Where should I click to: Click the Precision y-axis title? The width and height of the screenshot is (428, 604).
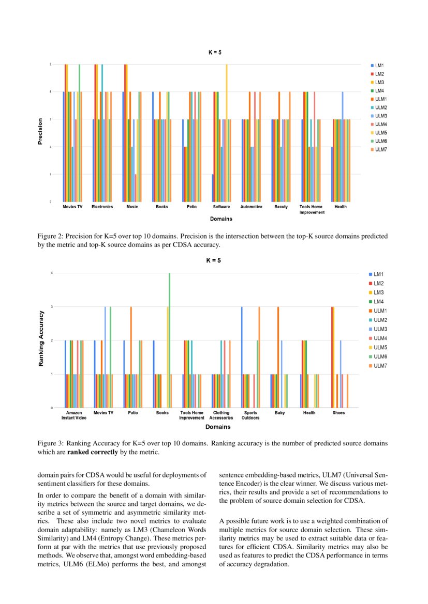click(x=40, y=132)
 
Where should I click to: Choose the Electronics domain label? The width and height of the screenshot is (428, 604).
click(x=102, y=207)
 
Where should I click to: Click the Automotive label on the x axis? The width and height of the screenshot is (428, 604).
click(x=252, y=207)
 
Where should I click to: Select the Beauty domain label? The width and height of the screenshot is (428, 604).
click(x=281, y=207)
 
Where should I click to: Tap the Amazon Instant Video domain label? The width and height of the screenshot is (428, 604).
click(x=74, y=415)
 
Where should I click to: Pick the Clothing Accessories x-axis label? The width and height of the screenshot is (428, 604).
click(x=221, y=415)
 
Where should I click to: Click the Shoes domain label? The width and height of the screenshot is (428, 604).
click(x=338, y=413)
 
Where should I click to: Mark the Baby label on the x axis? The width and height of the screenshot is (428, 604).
click(x=279, y=413)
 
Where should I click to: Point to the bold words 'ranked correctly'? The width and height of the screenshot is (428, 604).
click(x=93, y=452)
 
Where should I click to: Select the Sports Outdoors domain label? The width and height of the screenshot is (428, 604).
click(x=250, y=415)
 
